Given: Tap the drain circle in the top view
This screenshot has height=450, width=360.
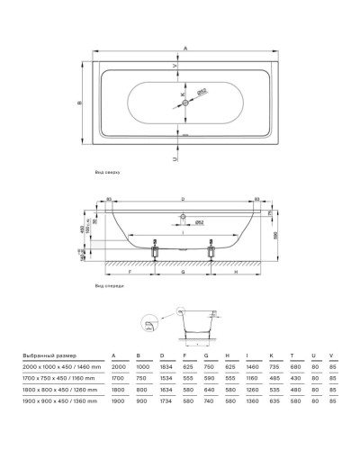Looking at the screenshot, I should (185, 104).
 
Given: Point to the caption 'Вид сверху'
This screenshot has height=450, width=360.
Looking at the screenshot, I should (107, 169).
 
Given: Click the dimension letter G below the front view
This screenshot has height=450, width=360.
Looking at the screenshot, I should (183, 269).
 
